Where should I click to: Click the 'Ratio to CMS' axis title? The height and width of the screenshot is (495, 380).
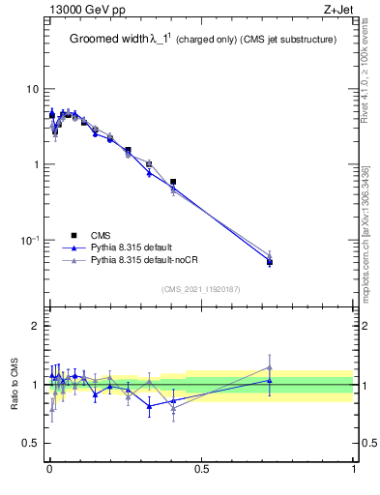click(14, 384)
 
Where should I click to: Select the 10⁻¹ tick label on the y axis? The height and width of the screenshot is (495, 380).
click(30, 239)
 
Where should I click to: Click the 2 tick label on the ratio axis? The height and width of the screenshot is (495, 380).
click(35, 327)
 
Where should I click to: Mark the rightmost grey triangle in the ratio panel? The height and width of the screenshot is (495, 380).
click(270, 367)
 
